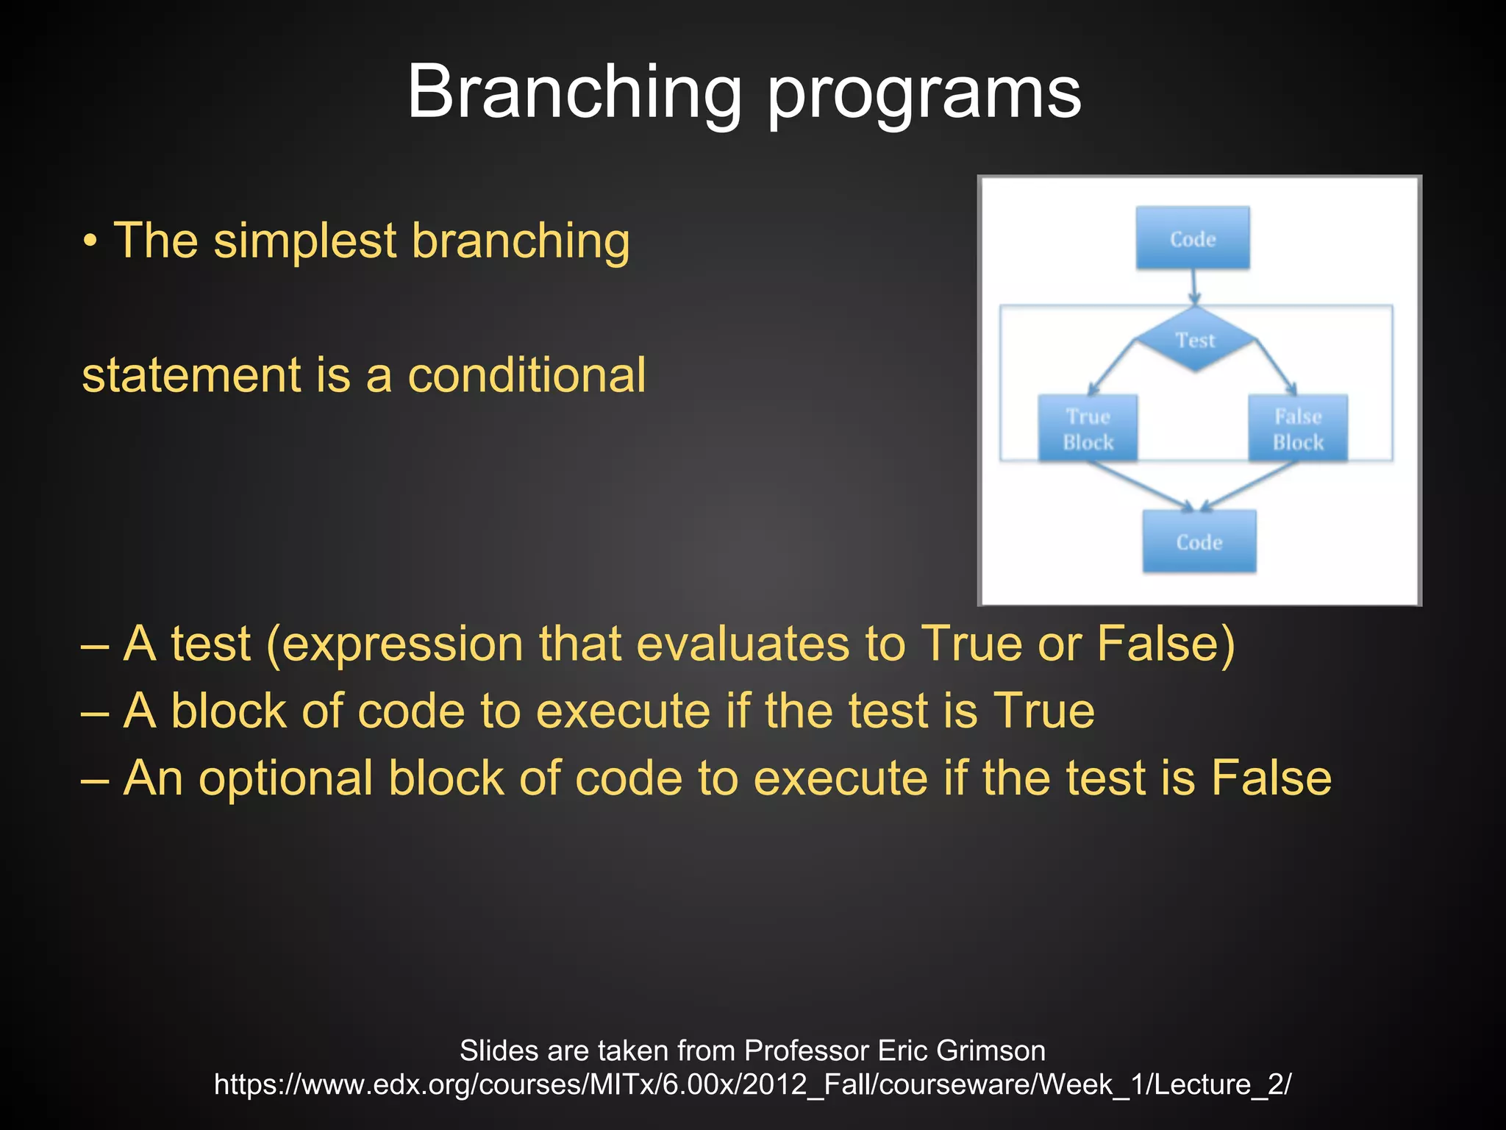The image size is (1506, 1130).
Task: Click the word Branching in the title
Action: (574, 92)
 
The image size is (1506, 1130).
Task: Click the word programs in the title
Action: (924, 96)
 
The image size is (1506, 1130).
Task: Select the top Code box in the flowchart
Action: (1192, 238)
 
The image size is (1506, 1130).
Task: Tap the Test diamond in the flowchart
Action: (1195, 339)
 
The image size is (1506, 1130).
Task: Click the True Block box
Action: (1088, 429)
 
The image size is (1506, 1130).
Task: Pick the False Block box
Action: (1298, 429)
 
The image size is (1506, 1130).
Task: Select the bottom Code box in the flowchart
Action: (1199, 542)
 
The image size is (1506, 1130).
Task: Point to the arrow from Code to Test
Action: (1193, 287)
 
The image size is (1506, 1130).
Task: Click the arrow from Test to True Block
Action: (1112, 367)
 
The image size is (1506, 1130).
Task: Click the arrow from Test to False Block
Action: (1277, 367)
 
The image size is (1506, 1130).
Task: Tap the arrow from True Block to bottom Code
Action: (1140, 486)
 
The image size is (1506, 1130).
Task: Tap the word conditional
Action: (527, 375)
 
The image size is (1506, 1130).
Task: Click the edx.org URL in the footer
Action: (752, 1084)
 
